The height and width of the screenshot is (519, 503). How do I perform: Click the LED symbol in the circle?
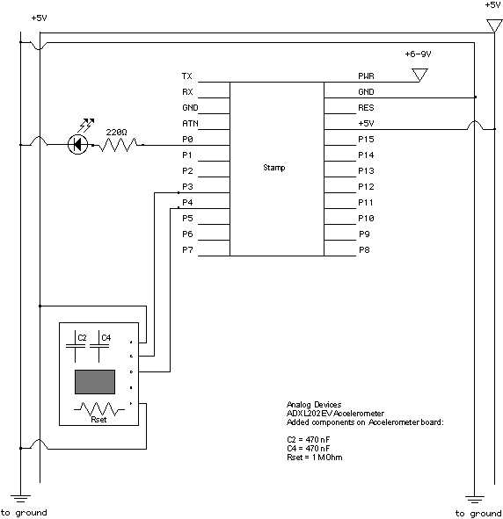point(78,144)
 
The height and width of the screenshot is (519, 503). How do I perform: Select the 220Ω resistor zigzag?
point(118,145)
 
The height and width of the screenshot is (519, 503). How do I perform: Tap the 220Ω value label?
point(116,133)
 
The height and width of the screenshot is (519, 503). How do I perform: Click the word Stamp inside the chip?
point(274,168)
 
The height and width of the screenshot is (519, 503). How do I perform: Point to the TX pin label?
point(187,76)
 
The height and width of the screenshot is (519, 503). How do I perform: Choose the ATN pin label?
point(190,124)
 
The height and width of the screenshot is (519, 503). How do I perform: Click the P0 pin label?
point(187,140)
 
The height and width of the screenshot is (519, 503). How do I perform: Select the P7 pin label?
point(187,250)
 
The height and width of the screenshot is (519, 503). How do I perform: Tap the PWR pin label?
point(366,76)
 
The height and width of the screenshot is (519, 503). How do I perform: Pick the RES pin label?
point(366,107)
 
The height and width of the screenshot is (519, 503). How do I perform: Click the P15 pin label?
point(366,140)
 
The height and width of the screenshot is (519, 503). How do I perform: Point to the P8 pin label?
point(364,250)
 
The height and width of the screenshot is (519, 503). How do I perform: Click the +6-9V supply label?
point(418,54)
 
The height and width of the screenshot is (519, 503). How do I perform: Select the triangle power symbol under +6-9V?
point(419,75)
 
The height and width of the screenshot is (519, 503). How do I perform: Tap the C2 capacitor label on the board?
point(82,337)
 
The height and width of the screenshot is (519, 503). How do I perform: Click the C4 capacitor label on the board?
point(106,337)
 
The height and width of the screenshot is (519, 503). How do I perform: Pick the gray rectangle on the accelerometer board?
point(95,382)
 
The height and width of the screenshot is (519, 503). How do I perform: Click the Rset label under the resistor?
point(98,420)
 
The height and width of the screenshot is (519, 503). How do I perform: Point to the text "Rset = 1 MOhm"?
point(315,458)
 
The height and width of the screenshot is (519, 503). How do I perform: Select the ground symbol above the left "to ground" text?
point(20,499)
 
